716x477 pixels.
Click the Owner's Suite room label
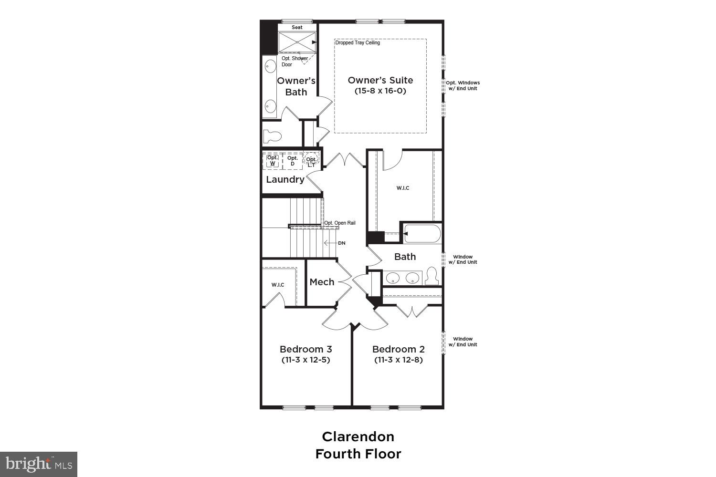click(380, 80)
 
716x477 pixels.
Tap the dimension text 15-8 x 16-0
click(380, 91)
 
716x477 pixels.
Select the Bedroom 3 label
click(305, 349)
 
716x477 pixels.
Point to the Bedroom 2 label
click(398, 349)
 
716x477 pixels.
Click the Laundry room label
click(285, 179)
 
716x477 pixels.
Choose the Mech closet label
click(322, 282)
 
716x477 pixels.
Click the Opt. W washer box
click(273, 161)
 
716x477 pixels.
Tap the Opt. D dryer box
click(293, 161)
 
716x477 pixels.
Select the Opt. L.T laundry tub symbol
click(311, 161)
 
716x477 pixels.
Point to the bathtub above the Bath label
click(422, 234)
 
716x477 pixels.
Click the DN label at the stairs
click(341, 243)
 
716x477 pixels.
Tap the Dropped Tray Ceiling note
click(358, 43)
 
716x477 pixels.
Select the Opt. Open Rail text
click(340, 223)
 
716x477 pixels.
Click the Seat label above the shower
click(297, 27)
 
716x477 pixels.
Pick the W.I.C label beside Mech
click(278, 285)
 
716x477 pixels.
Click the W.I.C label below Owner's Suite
click(402, 188)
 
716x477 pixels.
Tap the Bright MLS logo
click(38, 464)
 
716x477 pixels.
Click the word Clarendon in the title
click(358, 436)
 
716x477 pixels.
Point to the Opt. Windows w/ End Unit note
click(463, 85)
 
